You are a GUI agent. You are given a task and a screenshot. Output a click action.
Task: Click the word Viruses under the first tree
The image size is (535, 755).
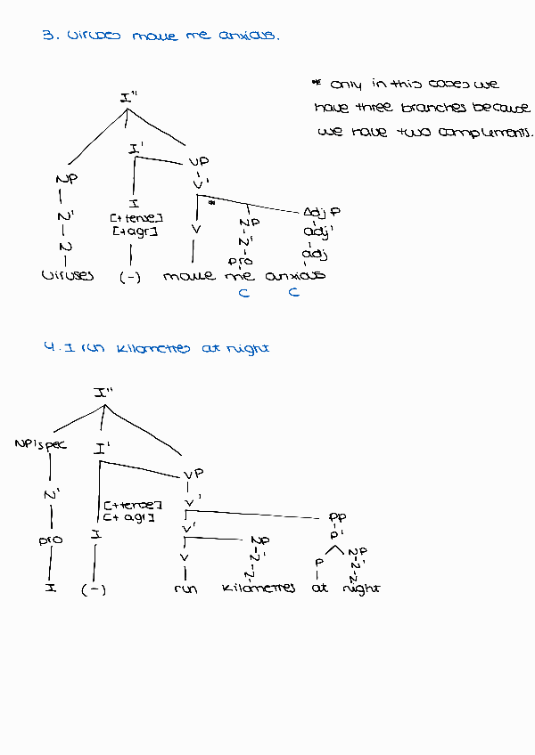pyautogui.click(x=67, y=276)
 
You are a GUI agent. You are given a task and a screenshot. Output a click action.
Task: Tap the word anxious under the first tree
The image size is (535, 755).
pyautogui.click(x=295, y=275)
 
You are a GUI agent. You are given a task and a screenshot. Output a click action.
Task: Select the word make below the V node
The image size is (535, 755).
pyautogui.click(x=189, y=276)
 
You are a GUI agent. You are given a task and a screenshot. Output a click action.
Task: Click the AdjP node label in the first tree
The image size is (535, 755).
pyautogui.click(x=322, y=213)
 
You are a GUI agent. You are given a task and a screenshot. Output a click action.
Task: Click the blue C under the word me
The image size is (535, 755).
pyautogui.click(x=243, y=293)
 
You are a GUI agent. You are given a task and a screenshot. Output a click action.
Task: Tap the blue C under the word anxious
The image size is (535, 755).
pyautogui.click(x=293, y=293)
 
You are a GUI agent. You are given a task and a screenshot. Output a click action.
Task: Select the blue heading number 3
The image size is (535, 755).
pyautogui.click(x=46, y=37)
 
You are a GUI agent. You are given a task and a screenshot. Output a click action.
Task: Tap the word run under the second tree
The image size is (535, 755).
pyautogui.click(x=185, y=588)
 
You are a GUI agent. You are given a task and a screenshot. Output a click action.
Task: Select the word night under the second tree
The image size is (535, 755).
pyautogui.click(x=361, y=588)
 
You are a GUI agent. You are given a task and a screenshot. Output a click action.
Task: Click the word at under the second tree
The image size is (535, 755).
pyautogui.click(x=320, y=588)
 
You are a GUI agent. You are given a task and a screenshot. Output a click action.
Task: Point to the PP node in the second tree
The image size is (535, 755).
pyautogui.click(x=337, y=516)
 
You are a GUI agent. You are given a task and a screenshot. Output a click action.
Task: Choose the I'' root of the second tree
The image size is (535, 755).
pyautogui.click(x=103, y=392)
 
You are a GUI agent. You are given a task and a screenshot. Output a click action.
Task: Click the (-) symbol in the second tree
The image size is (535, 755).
pyautogui.click(x=94, y=589)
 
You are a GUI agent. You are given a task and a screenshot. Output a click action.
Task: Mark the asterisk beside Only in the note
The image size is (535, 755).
pyautogui.click(x=316, y=83)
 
